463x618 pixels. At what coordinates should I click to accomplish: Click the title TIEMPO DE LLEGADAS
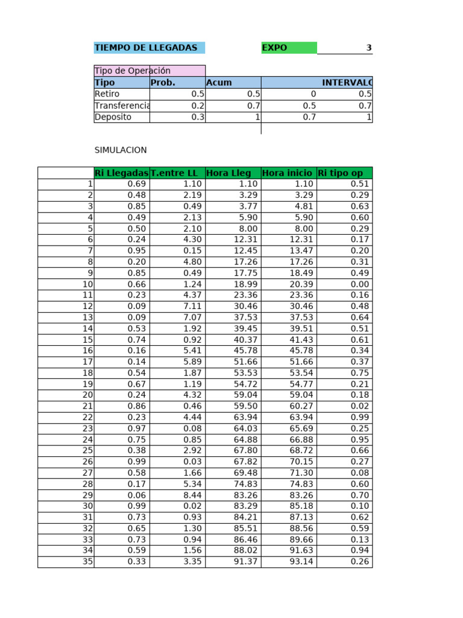pos(146,48)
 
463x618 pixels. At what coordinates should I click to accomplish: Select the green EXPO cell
pos(288,48)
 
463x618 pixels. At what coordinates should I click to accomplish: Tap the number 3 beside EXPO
pos(368,48)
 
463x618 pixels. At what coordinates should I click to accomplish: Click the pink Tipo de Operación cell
pos(149,71)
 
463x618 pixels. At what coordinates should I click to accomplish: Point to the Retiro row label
pos(107,94)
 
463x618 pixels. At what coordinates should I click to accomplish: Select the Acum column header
pos(219,83)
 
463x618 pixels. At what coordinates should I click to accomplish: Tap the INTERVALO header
pos(347,83)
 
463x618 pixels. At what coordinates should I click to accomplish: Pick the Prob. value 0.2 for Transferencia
pos(198,106)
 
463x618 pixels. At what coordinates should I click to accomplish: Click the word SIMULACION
pos(121,150)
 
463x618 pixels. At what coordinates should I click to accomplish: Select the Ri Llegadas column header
pos(122,173)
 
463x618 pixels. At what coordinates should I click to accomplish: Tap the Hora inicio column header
pos(287,173)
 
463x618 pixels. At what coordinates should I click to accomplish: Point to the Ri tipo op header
pos(341,173)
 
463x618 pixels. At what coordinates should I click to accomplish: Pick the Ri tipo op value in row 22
pos(361,417)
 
